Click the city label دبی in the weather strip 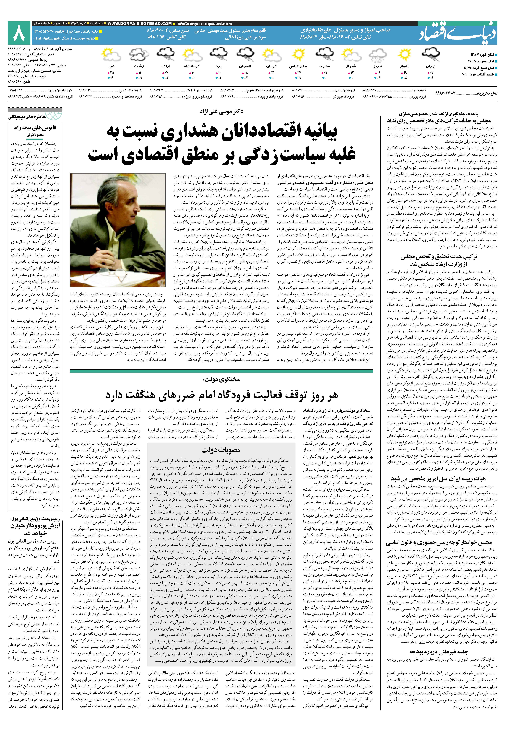111,66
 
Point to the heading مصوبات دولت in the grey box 221,450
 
